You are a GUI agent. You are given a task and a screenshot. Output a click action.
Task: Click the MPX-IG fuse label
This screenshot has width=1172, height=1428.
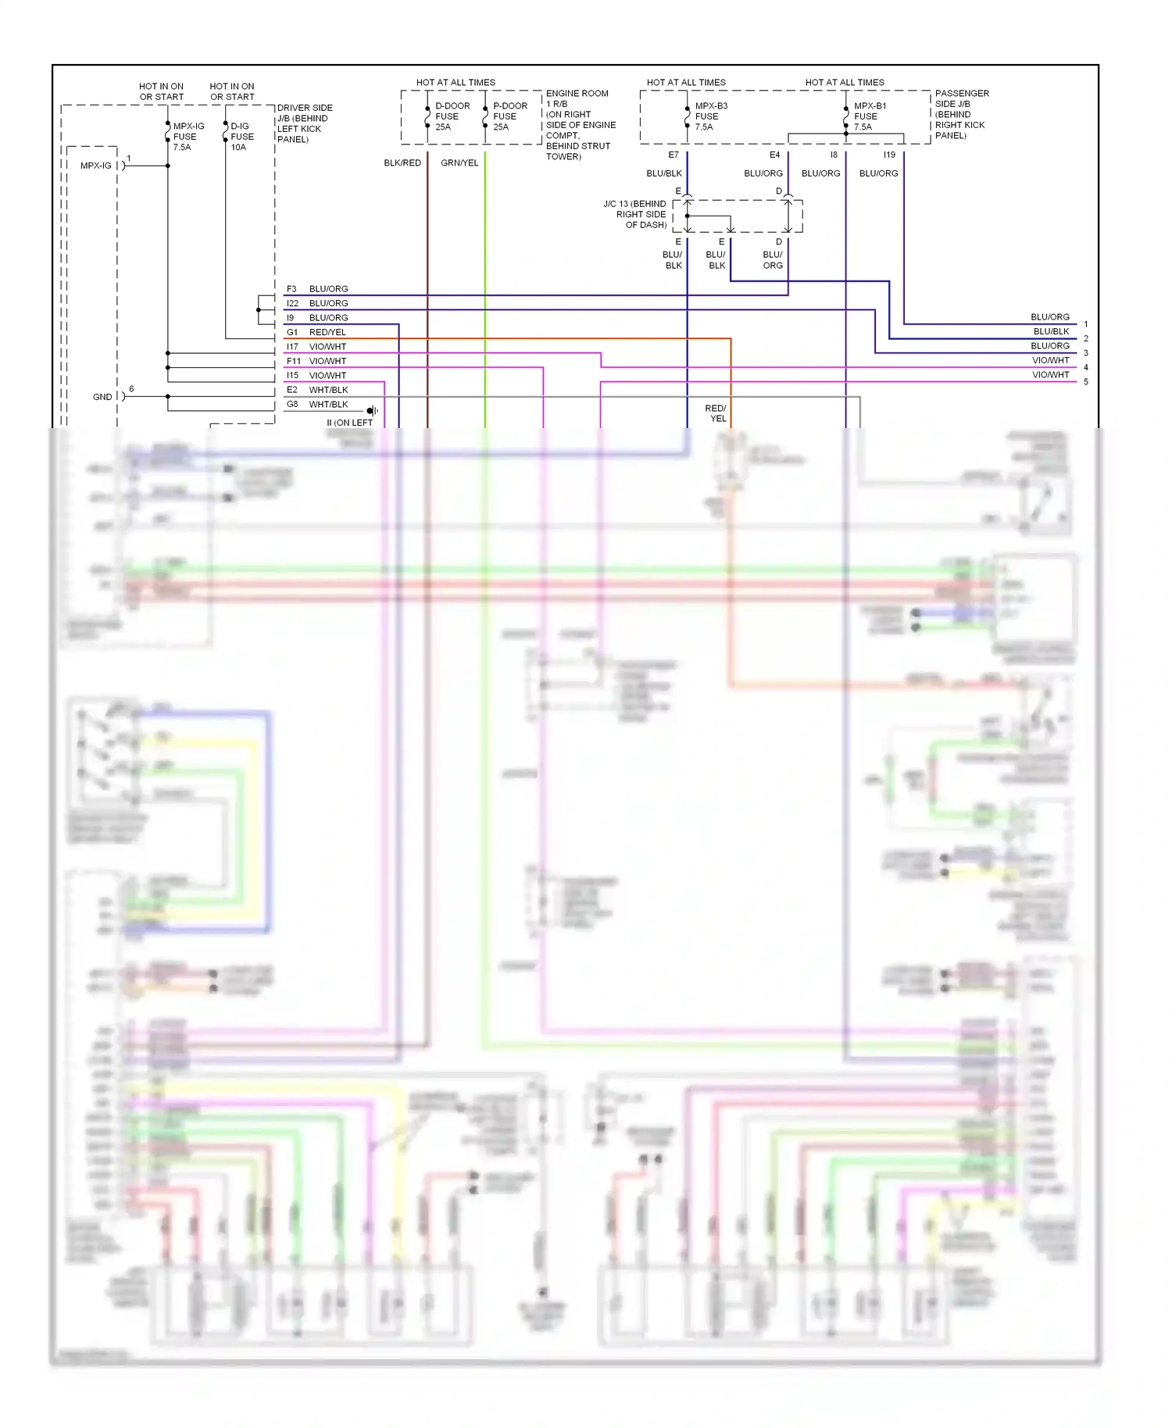[188, 137]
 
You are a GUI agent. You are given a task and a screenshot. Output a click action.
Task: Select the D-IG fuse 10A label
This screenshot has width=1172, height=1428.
[241, 137]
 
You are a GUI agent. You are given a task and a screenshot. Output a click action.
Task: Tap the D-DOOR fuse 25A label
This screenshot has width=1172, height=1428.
[452, 116]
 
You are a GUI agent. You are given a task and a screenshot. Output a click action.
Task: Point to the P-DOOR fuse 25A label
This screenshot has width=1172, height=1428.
[509, 116]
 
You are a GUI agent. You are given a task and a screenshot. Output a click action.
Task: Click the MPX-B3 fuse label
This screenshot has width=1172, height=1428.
[710, 116]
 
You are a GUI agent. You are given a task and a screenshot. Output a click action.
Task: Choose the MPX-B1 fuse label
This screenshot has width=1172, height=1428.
[869, 116]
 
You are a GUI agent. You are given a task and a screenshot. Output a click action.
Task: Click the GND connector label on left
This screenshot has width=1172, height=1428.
[102, 397]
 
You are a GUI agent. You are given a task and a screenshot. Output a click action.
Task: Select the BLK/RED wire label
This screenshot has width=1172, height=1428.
[402, 162]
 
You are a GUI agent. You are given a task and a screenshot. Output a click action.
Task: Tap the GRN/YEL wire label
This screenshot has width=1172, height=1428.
[459, 162]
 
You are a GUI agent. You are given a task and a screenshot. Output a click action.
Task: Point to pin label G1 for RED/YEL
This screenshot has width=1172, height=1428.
[292, 332]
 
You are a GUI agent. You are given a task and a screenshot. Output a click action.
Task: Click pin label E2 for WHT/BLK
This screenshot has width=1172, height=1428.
[292, 390]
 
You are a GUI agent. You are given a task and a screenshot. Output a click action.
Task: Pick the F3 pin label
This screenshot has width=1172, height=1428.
[291, 289]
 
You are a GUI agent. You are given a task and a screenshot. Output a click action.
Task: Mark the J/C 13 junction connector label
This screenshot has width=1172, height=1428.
[635, 214]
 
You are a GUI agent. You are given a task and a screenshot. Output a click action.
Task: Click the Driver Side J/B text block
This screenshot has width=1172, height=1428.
[305, 123]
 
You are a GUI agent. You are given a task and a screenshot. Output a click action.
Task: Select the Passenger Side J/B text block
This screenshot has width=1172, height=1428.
[961, 114]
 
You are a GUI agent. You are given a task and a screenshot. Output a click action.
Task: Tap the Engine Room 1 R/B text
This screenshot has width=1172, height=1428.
[580, 125]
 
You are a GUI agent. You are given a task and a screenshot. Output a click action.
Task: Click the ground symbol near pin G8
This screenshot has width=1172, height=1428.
[373, 410]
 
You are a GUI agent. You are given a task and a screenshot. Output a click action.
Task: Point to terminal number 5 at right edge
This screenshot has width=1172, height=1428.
[1085, 382]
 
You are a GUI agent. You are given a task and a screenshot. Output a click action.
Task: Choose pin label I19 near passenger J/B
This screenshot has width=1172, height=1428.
[889, 155]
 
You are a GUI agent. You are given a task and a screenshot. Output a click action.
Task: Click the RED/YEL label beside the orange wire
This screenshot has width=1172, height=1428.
[715, 413]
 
